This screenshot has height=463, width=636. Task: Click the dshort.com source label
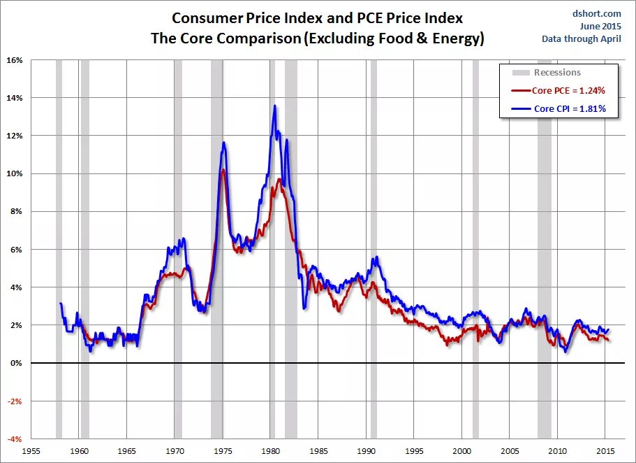click(x=598, y=13)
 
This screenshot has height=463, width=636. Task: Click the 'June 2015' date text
click(x=600, y=26)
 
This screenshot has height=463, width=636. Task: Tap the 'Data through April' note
click(x=581, y=38)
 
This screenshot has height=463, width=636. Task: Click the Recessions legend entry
click(x=556, y=72)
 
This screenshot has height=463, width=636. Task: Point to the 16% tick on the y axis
click(x=15, y=60)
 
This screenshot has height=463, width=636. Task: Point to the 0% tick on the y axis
click(x=16, y=363)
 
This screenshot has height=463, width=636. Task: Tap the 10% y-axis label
click(x=15, y=173)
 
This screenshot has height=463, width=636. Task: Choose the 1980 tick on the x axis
click(x=271, y=450)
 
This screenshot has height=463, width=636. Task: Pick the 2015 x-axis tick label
click(x=605, y=450)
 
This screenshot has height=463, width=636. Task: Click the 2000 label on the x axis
click(x=461, y=450)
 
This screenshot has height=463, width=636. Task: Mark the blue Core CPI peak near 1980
click(x=274, y=106)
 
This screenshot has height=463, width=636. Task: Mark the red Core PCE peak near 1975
click(x=222, y=170)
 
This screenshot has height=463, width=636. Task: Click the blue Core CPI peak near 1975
click(x=224, y=143)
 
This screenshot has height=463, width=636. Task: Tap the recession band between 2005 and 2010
click(x=544, y=245)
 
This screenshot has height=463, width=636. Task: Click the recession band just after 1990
click(x=374, y=245)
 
